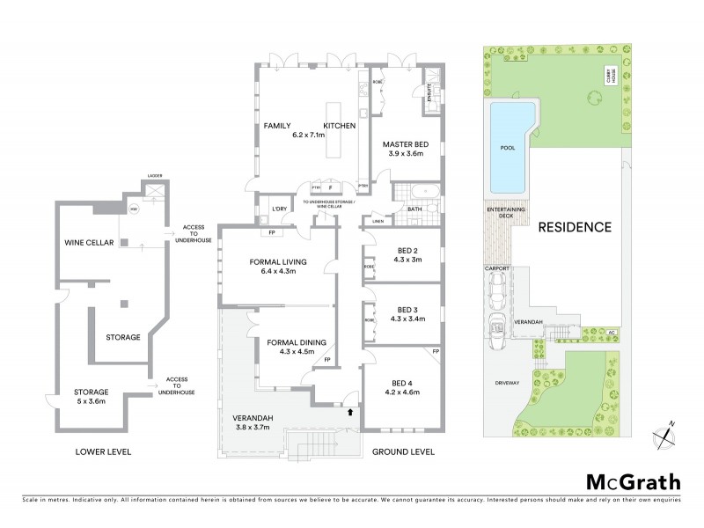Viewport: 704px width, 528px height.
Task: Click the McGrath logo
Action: (633, 481)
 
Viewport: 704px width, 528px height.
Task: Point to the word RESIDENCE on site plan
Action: (575, 227)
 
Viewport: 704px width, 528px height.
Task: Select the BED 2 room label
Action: (406, 249)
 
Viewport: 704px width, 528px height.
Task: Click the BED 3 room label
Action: (406, 309)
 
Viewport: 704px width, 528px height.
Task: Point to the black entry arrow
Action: (352, 410)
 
